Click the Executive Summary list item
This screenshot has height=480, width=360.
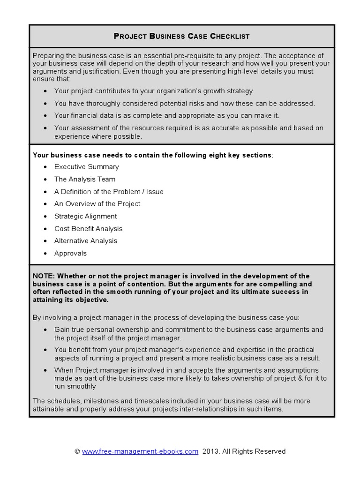coord(87,167)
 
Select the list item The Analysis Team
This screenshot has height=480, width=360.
coord(84,179)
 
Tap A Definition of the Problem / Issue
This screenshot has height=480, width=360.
coord(109,192)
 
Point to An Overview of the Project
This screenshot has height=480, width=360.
coord(97,204)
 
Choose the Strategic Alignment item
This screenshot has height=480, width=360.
coord(85,216)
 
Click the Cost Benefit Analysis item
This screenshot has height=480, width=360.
coord(88,229)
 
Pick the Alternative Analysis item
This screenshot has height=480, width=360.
coord(86,241)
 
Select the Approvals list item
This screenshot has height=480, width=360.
coord(70,253)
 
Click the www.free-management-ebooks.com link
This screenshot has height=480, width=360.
coord(140,451)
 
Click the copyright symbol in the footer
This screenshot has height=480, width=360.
coord(77,451)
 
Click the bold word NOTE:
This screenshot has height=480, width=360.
coord(44,276)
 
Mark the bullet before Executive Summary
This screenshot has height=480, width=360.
coord(45,167)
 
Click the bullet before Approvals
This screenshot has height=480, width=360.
coord(45,254)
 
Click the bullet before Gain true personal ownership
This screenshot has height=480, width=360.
coord(45,330)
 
